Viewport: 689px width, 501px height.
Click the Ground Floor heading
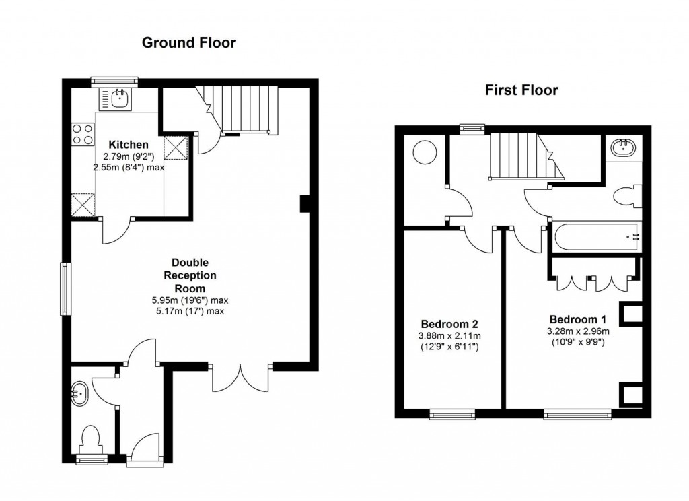189,42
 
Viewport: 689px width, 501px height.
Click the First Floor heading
521,90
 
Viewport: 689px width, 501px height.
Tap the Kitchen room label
129,145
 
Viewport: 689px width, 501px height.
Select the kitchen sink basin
120,99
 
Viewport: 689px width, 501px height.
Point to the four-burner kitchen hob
83,134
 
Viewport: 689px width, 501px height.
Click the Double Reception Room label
190,275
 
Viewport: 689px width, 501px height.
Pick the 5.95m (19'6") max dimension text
190,301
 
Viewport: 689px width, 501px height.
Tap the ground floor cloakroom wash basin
79,393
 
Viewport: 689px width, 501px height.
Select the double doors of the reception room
241,378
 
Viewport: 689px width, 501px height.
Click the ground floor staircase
238,109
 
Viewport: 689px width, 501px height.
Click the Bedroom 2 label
449,324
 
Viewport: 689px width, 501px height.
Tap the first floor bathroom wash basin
622,147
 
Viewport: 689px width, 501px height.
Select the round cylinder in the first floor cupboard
425,152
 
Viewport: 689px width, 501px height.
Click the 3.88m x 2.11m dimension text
449,336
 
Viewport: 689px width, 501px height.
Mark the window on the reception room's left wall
65,289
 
